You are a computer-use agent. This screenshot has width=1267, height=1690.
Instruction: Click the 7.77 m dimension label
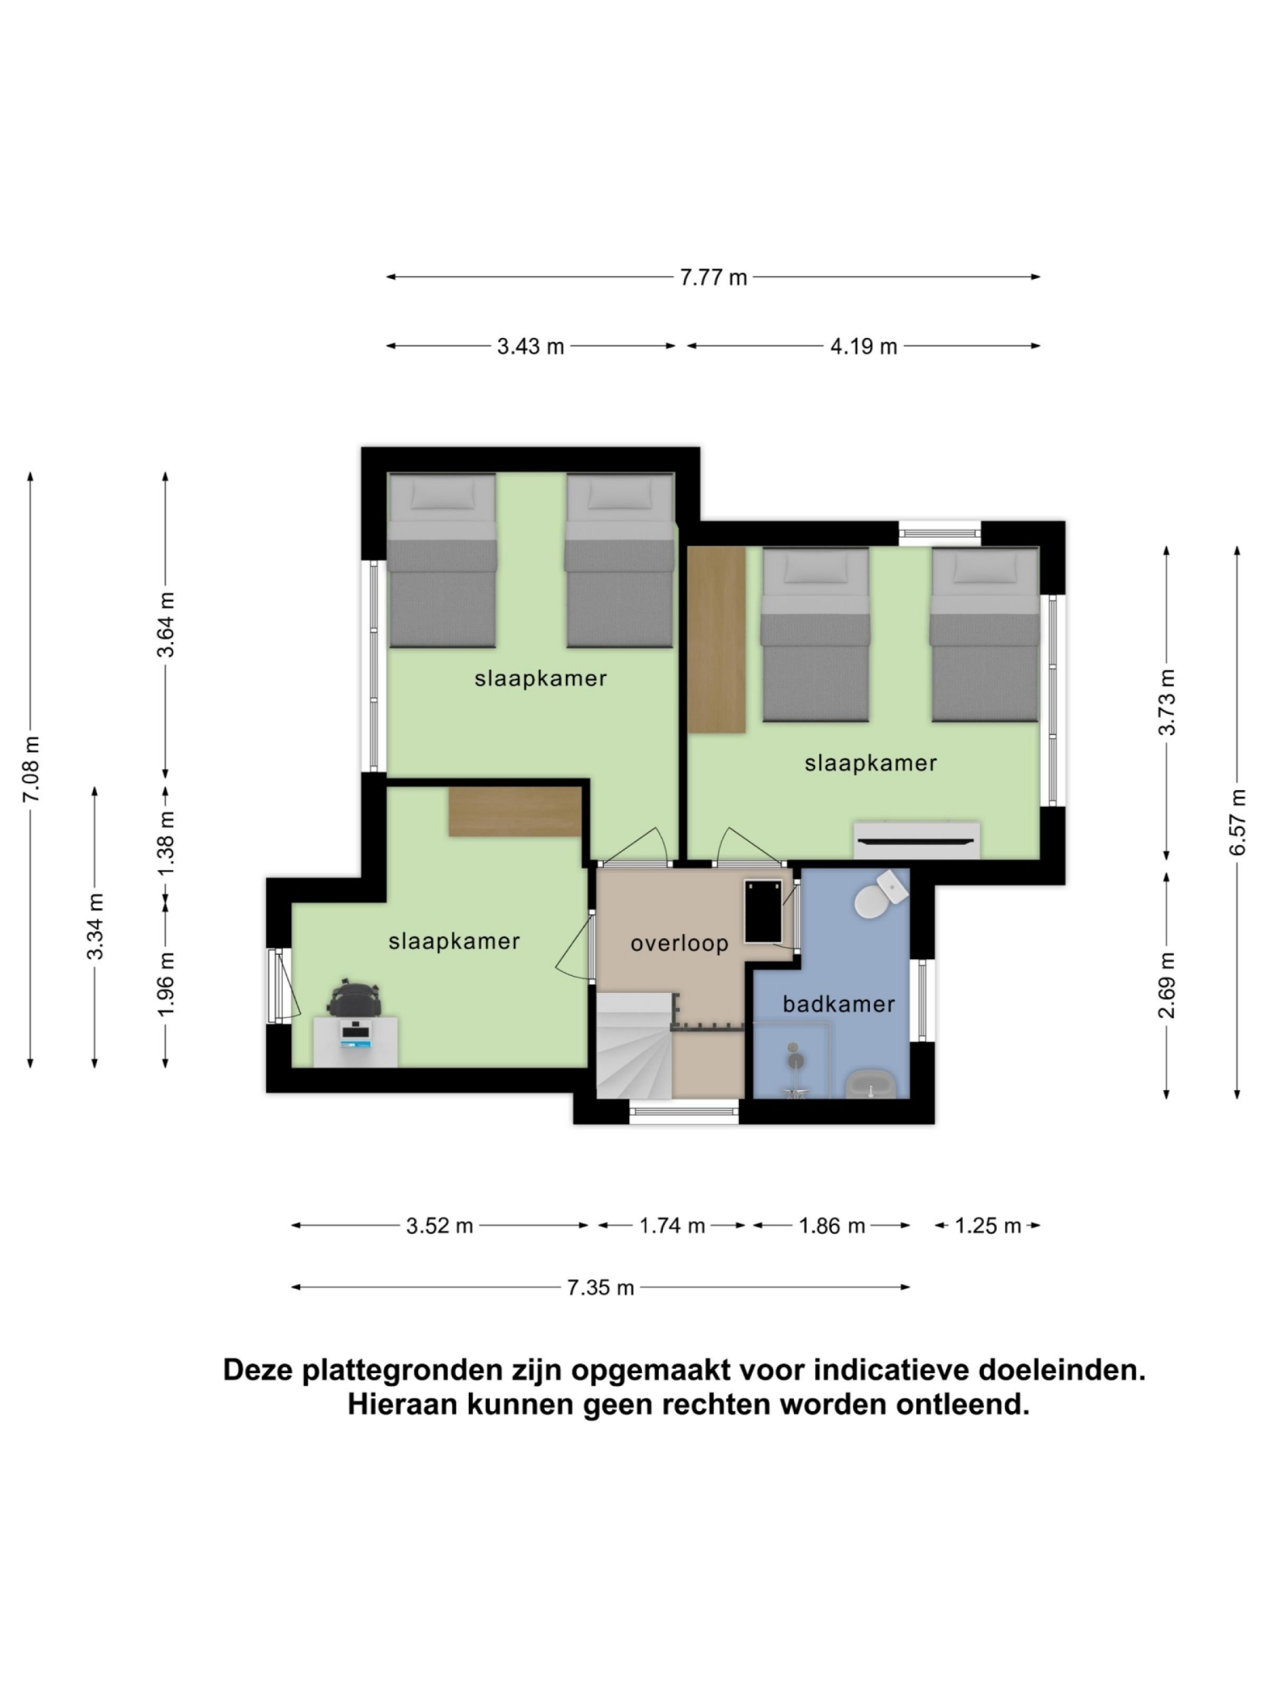[x=713, y=277]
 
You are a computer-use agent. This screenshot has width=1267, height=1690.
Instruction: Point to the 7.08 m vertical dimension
[x=31, y=768]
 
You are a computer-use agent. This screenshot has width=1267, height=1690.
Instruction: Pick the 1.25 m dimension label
[x=988, y=1226]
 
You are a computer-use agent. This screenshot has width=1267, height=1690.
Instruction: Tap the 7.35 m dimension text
[x=600, y=1288]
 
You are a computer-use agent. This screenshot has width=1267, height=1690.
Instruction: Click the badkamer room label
[x=838, y=1004]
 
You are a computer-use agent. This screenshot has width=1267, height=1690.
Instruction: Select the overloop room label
[x=679, y=944]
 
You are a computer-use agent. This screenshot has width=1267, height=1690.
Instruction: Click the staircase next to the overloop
[x=633, y=1047]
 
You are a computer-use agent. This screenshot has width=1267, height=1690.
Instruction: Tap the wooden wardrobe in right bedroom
[x=716, y=640]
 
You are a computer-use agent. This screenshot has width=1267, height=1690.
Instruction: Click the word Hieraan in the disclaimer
[x=402, y=1404]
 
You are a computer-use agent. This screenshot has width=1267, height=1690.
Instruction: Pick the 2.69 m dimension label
[x=1166, y=985]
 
